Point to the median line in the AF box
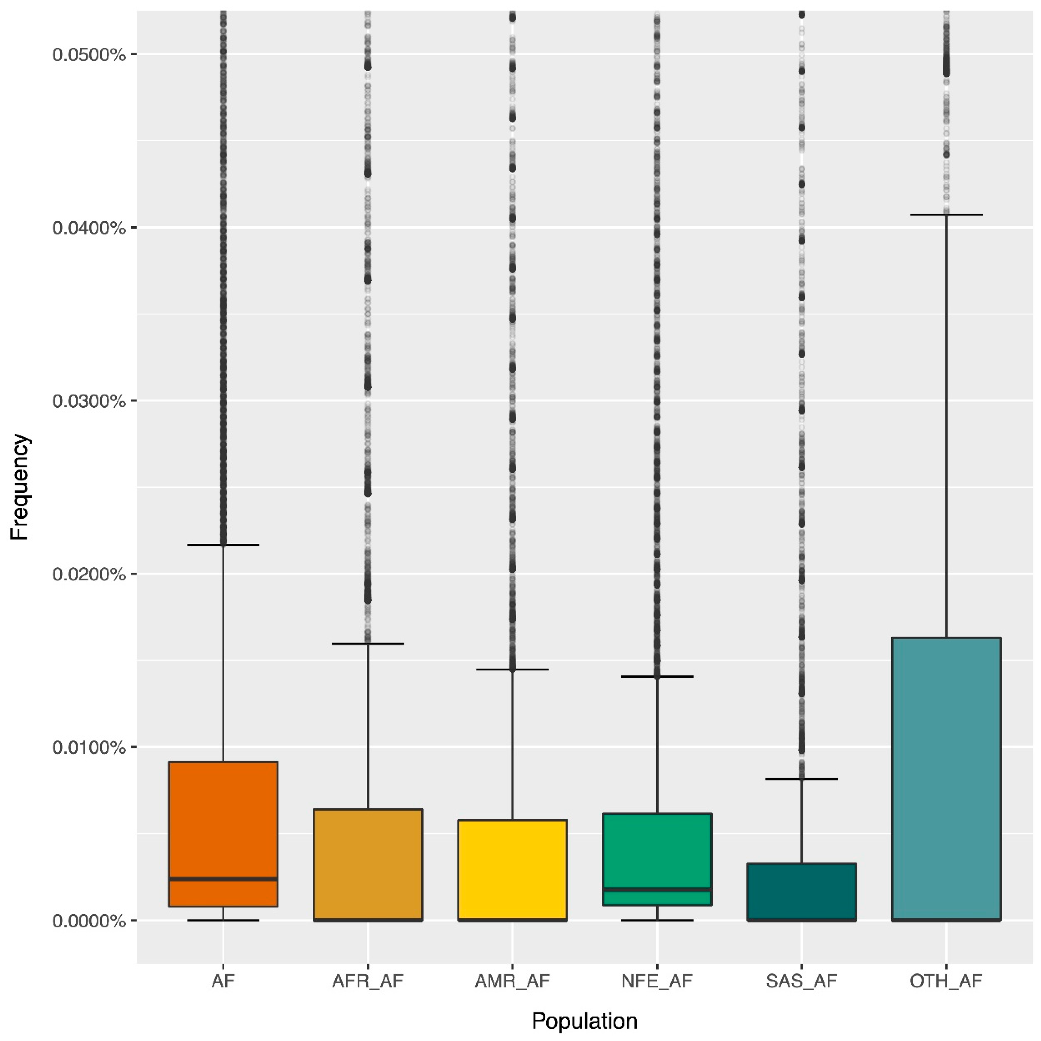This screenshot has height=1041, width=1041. (223, 879)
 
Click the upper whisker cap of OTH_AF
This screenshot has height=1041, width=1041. (946, 215)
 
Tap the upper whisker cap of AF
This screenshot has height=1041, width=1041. (223, 545)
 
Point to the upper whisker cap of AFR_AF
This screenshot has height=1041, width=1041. (368, 643)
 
